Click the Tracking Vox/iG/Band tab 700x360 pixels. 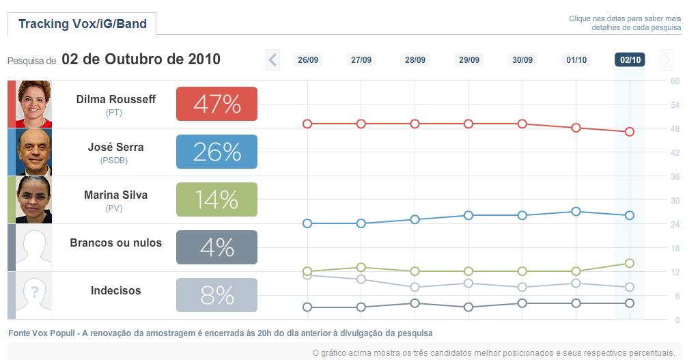(x=82, y=24)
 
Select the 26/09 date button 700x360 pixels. (x=308, y=60)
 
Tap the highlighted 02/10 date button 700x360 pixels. (x=630, y=60)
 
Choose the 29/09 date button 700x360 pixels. (x=468, y=60)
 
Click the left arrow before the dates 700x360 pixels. (x=272, y=60)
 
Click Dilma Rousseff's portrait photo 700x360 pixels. (x=33, y=104)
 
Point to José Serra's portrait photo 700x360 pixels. (x=33, y=152)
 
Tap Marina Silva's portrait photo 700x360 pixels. (x=33, y=199)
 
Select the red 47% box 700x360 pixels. (x=216, y=104)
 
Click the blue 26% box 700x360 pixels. (x=216, y=152)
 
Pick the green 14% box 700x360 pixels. (x=216, y=199)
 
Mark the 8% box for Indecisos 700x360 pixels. (x=216, y=295)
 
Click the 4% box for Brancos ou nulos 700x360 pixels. (x=216, y=247)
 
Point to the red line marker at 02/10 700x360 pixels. (x=630, y=132)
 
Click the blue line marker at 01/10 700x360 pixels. (x=576, y=211)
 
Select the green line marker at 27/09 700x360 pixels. (x=361, y=267)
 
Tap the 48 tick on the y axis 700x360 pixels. (x=675, y=128)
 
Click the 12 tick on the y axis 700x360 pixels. (x=675, y=272)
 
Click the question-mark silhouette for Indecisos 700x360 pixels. (x=33, y=295)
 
